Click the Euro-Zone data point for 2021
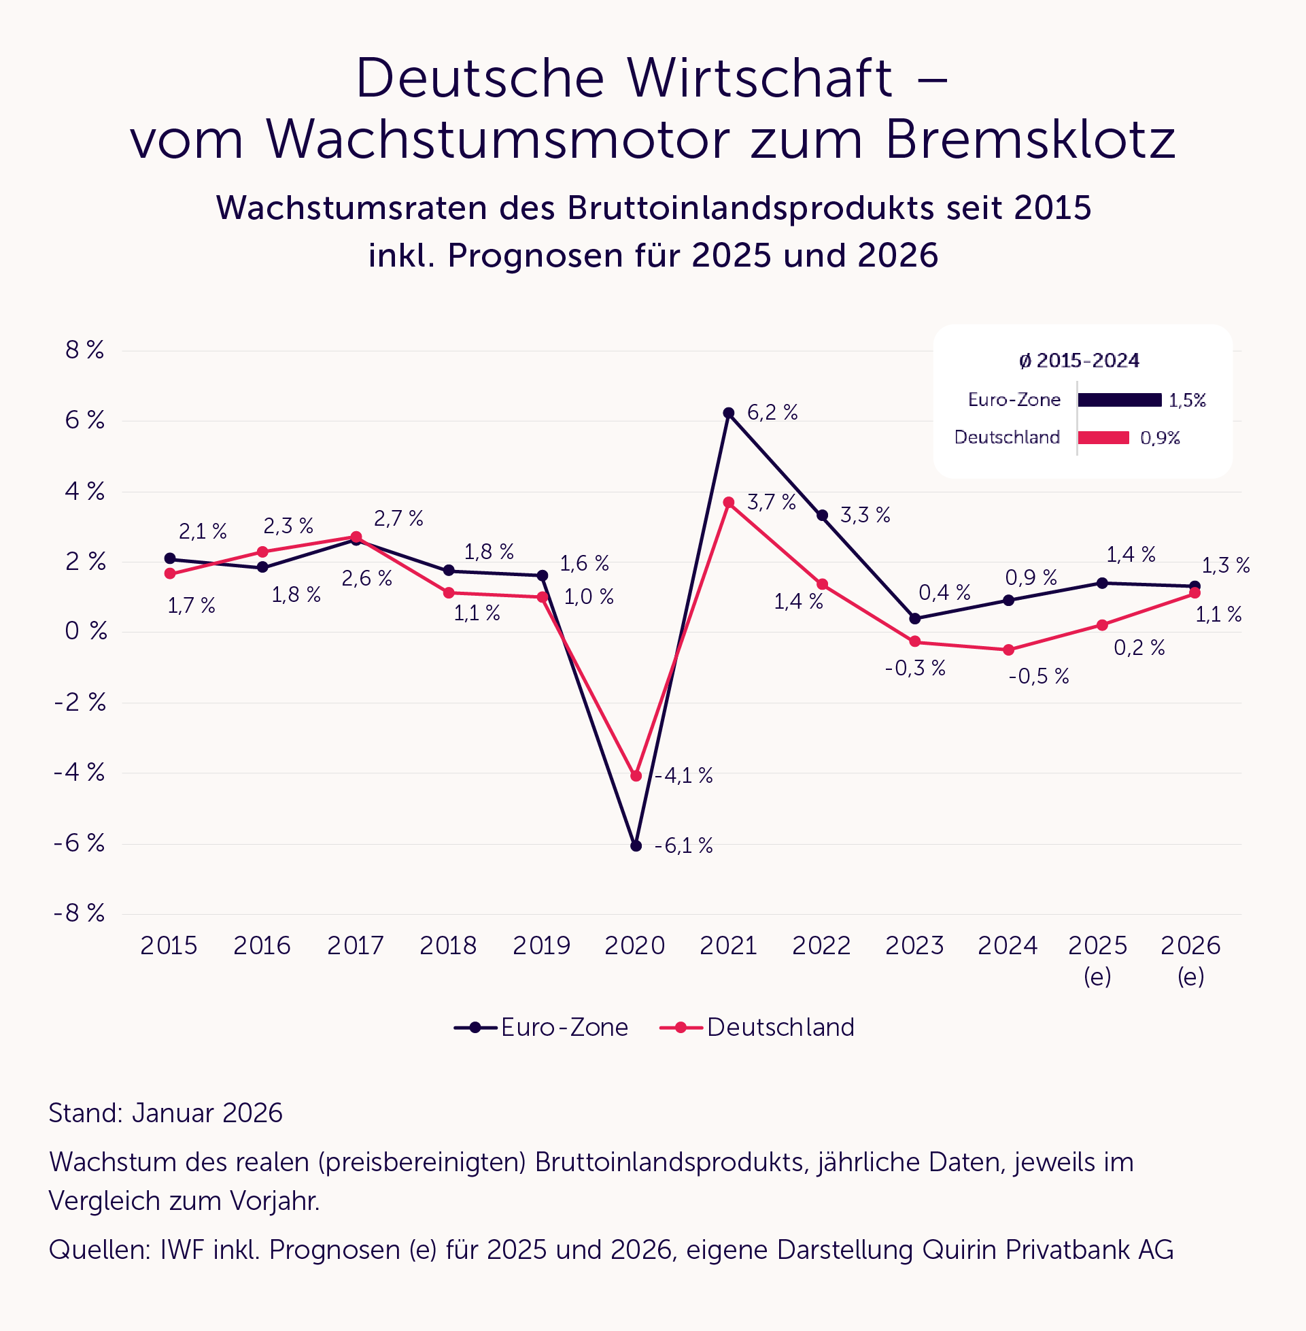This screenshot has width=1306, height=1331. pos(728,413)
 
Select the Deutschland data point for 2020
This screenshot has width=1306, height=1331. pos(636,776)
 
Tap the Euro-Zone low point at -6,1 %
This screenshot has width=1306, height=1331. pos(636,846)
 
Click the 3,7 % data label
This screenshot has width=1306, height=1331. pos(771,502)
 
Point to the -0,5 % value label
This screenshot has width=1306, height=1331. pos(1039,677)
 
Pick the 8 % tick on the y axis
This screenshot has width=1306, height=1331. pos(84,350)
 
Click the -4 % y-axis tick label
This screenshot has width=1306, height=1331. pos(80,773)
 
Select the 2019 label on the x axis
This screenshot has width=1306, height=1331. pos(541,945)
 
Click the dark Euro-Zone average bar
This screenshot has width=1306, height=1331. pos(1120,400)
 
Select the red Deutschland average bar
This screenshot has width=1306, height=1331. pos(1103,438)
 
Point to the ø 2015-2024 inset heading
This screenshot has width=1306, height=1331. pos(1079,361)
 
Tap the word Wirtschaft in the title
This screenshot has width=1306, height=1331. pos(760,78)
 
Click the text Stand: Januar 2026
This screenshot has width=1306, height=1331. pos(165,1113)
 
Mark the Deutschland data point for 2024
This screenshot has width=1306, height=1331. pos(1008,650)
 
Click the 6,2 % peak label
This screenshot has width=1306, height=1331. pos(772,413)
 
